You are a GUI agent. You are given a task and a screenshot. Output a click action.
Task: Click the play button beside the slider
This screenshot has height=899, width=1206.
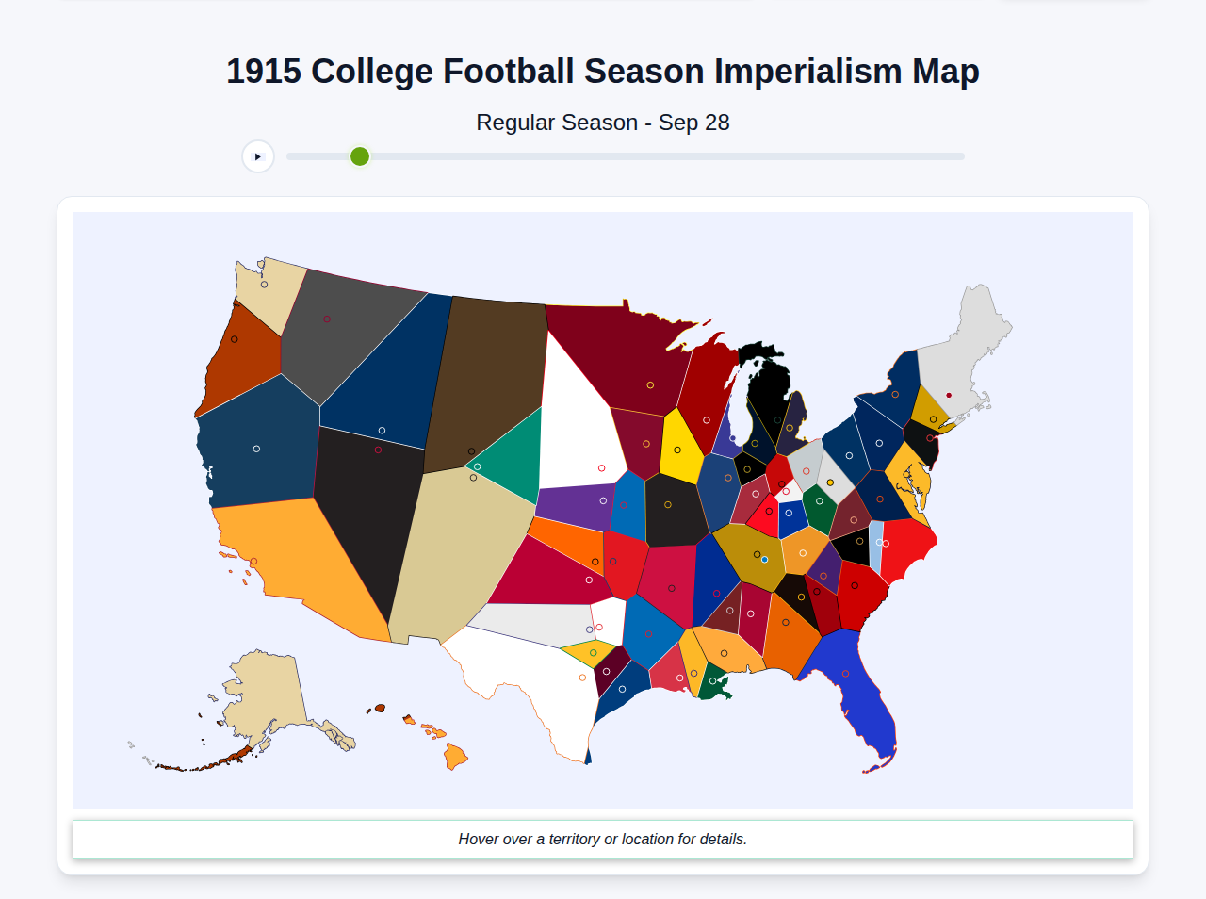tap(258, 156)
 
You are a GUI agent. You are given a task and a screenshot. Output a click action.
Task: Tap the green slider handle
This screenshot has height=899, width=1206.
tap(360, 156)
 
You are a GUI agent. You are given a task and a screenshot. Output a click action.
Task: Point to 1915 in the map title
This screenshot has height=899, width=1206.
tap(264, 72)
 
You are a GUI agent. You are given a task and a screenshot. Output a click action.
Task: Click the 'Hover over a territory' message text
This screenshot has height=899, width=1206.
tap(603, 840)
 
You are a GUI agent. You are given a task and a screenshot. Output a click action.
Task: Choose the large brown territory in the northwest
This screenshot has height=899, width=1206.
tap(485, 377)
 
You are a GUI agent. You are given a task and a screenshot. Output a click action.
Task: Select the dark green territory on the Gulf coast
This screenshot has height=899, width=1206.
tap(717, 684)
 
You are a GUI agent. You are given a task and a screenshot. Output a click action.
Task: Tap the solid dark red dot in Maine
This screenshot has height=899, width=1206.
tap(949, 395)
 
